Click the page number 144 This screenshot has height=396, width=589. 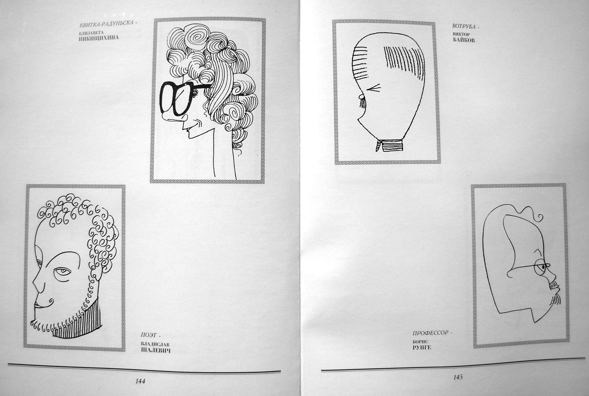[x=140, y=381]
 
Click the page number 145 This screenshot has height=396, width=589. [x=458, y=377]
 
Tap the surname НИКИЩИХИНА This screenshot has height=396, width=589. [x=99, y=38]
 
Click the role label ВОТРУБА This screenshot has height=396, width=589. [x=464, y=26]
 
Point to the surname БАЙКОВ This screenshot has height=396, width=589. [x=464, y=40]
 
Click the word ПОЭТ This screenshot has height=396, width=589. [x=149, y=335]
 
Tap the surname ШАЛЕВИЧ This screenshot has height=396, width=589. [x=155, y=350]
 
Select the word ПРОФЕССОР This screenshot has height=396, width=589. [x=430, y=333]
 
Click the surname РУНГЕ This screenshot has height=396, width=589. [x=421, y=347]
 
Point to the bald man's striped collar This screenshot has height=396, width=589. [x=390, y=145]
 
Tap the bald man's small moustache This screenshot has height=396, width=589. [x=362, y=102]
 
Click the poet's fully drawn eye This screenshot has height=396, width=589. [x=62, y=271]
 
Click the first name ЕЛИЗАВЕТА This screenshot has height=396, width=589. [x=91, y=33]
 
